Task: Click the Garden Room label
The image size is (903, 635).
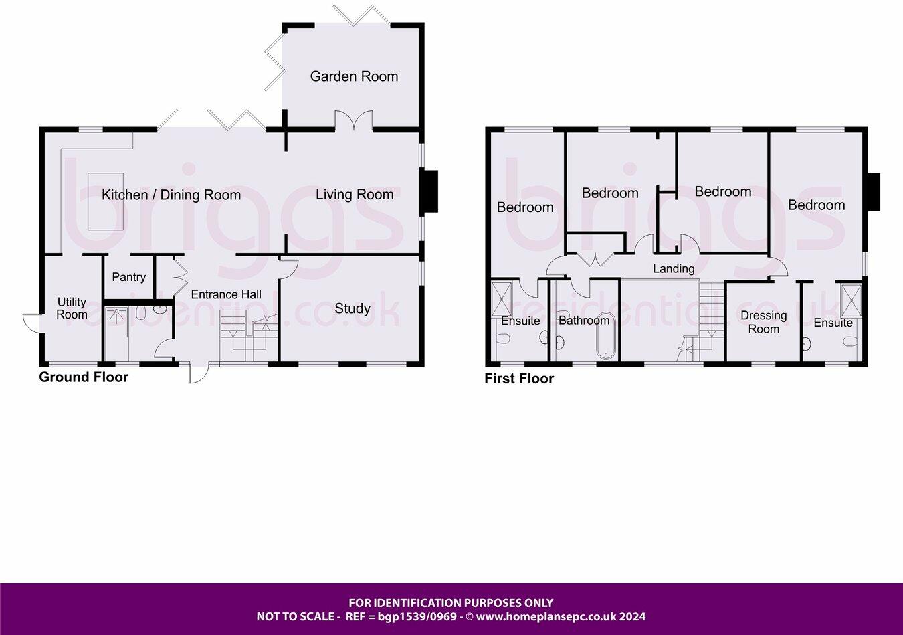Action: coord(354,76)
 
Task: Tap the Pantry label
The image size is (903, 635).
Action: coord(128,277)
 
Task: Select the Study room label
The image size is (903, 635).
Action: coord(353,308)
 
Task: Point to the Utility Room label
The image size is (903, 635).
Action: coord(72,308)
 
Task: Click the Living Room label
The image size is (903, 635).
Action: coord(355,195)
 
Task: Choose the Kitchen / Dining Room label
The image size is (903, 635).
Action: coord(171,195)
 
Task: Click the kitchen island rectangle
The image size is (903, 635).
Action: coord(106,201)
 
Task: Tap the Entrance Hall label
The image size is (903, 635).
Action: coord(226,294)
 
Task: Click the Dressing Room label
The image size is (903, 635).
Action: coord(763,322)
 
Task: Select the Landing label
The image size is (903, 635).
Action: coord(674,268)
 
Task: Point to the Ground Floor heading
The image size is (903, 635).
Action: coord(84,377)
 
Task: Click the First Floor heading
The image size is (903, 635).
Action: coord(519,379)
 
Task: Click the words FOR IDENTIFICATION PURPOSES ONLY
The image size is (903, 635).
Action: coord(451,603)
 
